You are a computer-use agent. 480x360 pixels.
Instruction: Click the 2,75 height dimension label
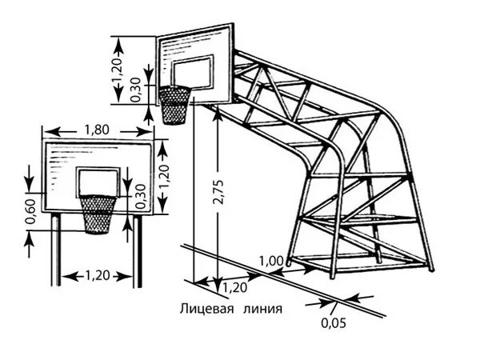[x=218, y=192]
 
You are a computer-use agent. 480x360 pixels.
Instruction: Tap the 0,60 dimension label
[x=30, y=210]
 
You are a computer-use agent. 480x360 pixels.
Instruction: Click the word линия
[x=263, y=306]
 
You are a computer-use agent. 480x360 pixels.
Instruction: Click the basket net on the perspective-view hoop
[x=174, y=104]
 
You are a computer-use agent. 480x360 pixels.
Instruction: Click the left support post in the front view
[x=54, y=248]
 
